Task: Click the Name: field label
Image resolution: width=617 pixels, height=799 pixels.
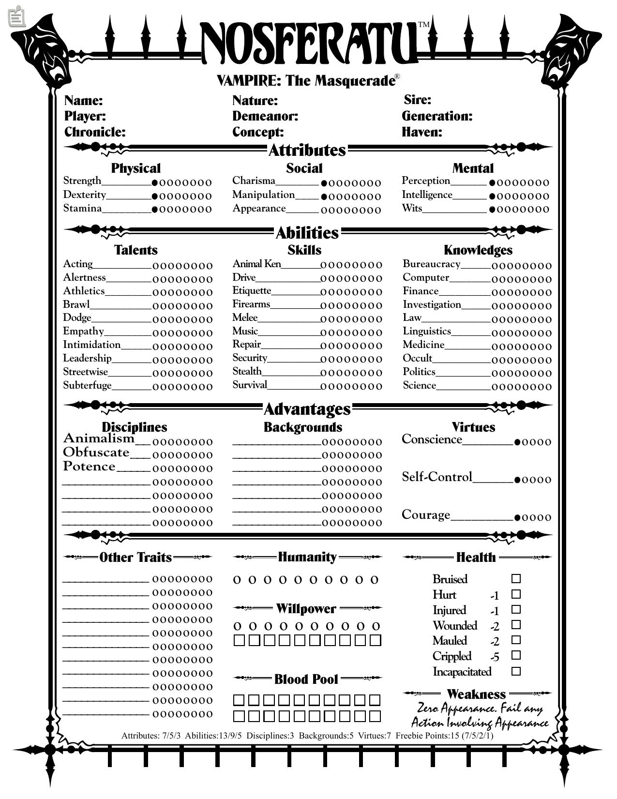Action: click(x=83, y=101)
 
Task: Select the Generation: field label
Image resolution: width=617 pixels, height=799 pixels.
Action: click(x=437, y=116)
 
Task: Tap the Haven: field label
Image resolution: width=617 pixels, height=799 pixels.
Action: click(x=422, y=132)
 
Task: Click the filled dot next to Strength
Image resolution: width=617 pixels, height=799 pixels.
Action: click(x=155, y=183)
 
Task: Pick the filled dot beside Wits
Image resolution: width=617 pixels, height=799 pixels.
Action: click(x=492, y=210)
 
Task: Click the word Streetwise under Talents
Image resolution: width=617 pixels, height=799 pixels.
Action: click(x=85, y=372)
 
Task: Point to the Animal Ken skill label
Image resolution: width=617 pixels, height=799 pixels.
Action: click(x=256, y=264)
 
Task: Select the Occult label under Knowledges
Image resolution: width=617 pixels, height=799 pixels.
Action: click(x=417, y=358)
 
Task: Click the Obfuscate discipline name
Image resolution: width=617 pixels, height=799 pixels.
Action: click(x=96, y=452)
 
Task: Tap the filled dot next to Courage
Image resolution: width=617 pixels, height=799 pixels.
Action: click(x=517, y=517)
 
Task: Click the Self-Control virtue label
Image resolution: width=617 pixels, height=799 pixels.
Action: click(x=436, y=477)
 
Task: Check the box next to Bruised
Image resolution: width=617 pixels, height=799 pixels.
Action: click(x=516, y=579)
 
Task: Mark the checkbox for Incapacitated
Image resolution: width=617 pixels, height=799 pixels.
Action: click(x=516, y=671)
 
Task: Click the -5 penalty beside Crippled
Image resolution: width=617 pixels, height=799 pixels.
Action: click(x=495, y=657)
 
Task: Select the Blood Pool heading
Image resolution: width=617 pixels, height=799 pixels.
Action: click(x=306, y=679)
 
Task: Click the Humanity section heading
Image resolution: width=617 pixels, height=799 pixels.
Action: click(x=307, y=557)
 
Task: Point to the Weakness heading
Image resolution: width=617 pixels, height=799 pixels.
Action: click(x=476, y=694)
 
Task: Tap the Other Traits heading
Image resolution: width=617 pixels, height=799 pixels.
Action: click(x=135, y=558)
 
